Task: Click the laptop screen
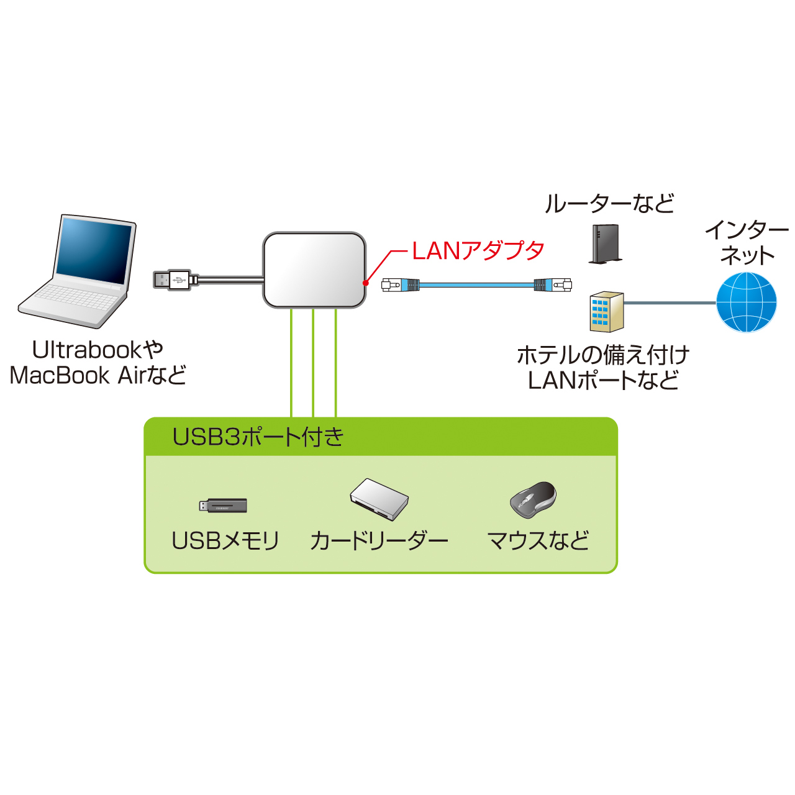95,251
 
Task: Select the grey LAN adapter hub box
314,270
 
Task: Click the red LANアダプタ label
478,251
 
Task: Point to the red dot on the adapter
366,283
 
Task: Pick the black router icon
605,244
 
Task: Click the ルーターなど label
609,204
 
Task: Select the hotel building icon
606,312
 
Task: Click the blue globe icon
746,302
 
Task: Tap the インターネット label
747,243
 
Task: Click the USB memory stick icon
223,506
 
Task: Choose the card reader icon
379,499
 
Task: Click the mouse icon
533,499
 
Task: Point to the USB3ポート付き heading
258,437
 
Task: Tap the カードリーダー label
379,541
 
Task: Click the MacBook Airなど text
98,376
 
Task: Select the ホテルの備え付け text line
603,355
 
